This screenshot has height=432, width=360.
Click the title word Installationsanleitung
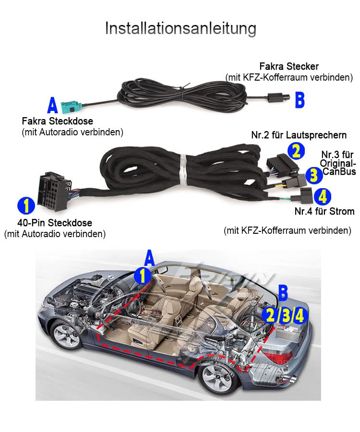pyautogui.click(x=180, y=28)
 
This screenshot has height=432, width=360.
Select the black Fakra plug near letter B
pyautogui.click(x=278, y=97)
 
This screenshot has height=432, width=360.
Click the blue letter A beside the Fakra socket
pyautogui.click(x=52, y=105)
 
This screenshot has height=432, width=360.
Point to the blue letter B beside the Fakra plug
pyautogui.click(x=300, y=100)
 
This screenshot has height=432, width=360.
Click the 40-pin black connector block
pyautogui.click(x=55, y=191)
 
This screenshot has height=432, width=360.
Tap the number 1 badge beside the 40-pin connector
pyautogui.click(x=26, y=205)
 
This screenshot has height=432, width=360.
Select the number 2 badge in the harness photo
pyautogui.click(x=296, y=151)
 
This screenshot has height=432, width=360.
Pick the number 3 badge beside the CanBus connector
pyautogui.click(x=314, y=175)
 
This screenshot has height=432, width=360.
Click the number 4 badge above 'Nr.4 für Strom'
pyautogui.click(x=322, y=196)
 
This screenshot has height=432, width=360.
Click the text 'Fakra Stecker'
pyautogui.click(x=289, y=66)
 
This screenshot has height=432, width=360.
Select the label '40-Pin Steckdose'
pyautogui.click(x=55, y=223)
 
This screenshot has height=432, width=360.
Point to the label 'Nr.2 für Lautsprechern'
pyautogui.click(x=299, y=135)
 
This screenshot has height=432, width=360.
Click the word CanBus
pyautogui.click(x=339, y=171)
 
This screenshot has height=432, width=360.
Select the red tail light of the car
pyautogui.click(x=278, y=356)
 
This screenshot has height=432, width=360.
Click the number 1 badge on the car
pyautogui.click(x=143, y=276)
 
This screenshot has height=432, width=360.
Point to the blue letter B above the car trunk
pyautogui.click(x=283, y=293)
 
